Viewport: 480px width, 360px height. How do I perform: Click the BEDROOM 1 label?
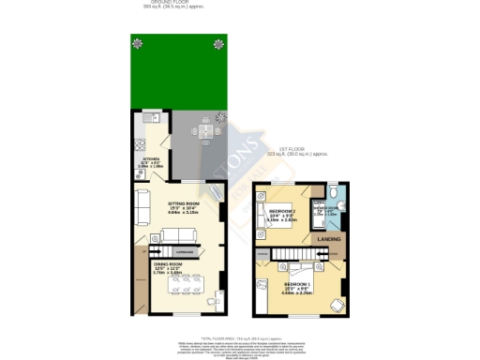[296, 284]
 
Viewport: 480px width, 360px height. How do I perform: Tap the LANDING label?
[329, 239]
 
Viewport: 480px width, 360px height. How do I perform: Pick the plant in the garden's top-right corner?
[218, 41]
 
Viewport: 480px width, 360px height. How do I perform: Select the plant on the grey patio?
[221, 117]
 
